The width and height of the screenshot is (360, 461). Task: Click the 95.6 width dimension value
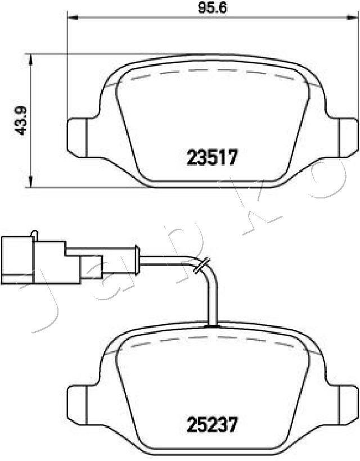pos(213,8)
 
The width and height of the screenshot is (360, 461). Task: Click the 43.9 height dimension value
pos(21,120)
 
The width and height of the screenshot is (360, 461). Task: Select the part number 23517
pos(211,157)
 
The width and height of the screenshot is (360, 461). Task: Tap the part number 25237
pos(211,424)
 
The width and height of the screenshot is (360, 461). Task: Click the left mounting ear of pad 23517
pos(77,137)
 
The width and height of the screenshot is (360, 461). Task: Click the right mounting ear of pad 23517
pos(349,137)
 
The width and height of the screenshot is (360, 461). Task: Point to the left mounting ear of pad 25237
pos(77,405)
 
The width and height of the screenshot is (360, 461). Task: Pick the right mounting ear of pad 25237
pos(349,405)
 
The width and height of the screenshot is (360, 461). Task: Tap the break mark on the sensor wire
pos(202,265)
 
